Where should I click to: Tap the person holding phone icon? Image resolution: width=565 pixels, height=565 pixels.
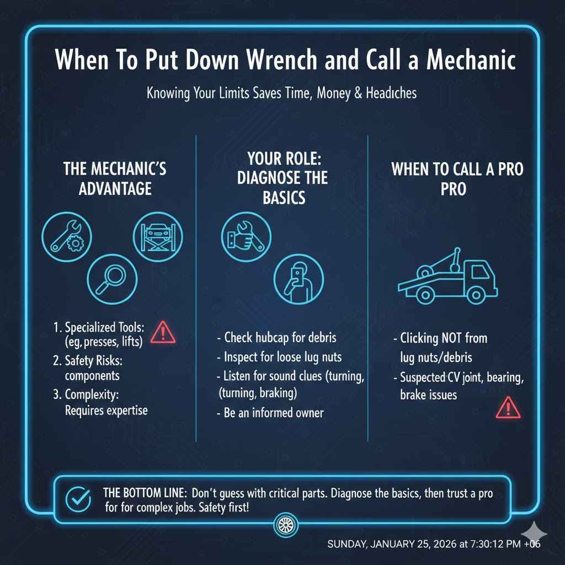pyautogui.click(x=299, y=279)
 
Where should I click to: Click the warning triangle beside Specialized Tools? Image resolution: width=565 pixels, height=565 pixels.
pyautogui.click(x=163, y=333)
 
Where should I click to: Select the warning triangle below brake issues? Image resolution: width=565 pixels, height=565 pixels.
pyautogui.click(x=505, y=409)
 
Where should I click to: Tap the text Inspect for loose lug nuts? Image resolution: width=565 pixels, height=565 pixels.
pyautogui.click(x=279, y=357)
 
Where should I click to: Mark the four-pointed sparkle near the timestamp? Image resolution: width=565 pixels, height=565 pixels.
pyautogui.click(x=534, y=532)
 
